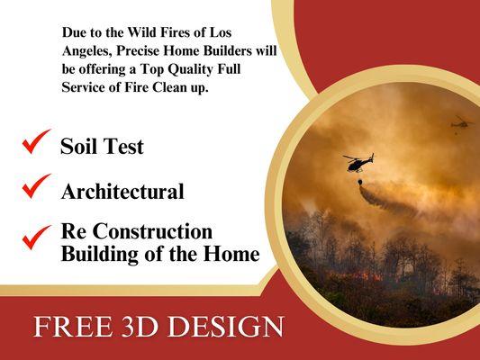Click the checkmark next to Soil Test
click(36, 141)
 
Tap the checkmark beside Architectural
click(36, 185)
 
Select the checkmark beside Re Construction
click(37, 235)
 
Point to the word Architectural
click(122, 192)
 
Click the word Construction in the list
click(152, 232)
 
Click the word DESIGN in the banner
click(231, 327)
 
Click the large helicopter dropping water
click(358, 162)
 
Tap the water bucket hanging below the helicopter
click(362, 183)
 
